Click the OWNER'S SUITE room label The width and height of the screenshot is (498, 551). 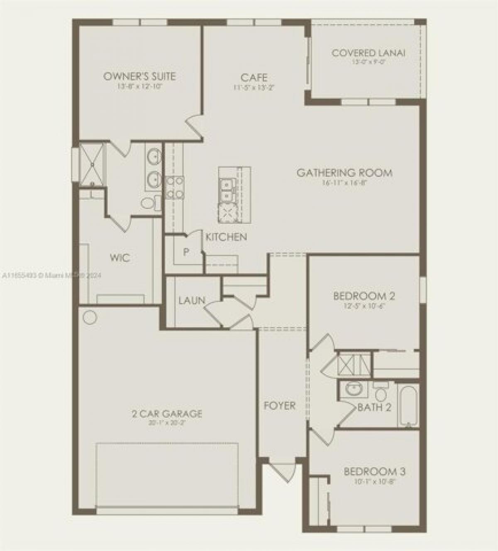point(139,76)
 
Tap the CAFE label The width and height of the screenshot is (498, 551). point(254,78)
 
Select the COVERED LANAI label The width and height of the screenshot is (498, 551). point(369,53)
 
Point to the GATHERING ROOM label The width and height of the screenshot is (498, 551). point(344,173)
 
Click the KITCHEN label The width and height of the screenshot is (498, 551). point(227,237)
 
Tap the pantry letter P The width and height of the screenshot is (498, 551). point(186,252)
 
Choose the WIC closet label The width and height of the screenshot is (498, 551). point(120,257)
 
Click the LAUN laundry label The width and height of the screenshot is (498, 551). point(192,300)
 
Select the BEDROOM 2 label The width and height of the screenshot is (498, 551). point(364,296)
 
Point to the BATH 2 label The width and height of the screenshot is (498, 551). point(374,407)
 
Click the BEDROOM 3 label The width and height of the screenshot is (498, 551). point(374,472)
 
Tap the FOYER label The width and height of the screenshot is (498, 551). point(280,406)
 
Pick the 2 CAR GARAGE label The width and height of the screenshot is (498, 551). point(167,414)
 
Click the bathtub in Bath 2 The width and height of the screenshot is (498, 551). point(409,405)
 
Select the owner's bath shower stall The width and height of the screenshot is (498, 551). point(92,165)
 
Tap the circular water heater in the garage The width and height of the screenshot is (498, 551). point(90,318)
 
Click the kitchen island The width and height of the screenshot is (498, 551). point(234,195)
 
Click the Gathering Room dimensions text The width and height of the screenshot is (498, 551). point(345,182)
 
